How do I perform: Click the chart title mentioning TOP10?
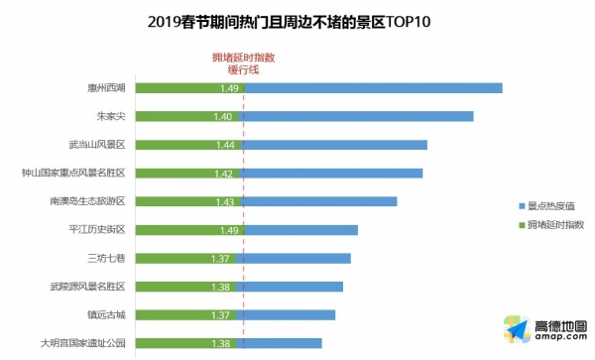pyautogui.click(x=289, y=22)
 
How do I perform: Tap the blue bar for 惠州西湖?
pyautogui.click(x=374, y=88)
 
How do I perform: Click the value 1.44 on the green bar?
pyautogui.click(x=225, y=145)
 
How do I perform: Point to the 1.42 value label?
pyautogui.click(x=223, y=174)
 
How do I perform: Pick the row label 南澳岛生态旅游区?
pyautogui.click(x=87, y=201)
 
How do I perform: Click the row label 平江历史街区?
pyautogui.click(x=97, y=229)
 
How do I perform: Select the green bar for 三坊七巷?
pyautogui.click(x=186, y=259)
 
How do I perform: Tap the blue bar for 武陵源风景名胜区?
pyautogui.click(x=290, y=287)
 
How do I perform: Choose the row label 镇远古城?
pyautogui.click(x=107, y=314)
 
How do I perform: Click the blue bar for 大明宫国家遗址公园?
pyautogui.click(x=279, y=343)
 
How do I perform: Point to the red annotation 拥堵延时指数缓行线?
pyautogui.click(x=243, y=63)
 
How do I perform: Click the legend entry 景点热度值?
pyautogui.click(x=546, y=206)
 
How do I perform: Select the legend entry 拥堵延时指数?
pyautogui.click(x=551, y=224)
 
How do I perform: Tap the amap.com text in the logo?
pyautogui.click(x=561, y=336)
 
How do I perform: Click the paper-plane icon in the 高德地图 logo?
pyautogui.click(x=517, y=329)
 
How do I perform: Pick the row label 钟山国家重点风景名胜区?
pyautogui.click(x=73, y=173)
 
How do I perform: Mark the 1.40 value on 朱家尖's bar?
pyautogui.click(x=223, y=116)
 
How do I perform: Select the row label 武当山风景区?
pyautogui.click(x=97, y=145)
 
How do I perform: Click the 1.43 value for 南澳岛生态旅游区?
pyautogui.click(x=225, y=201)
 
